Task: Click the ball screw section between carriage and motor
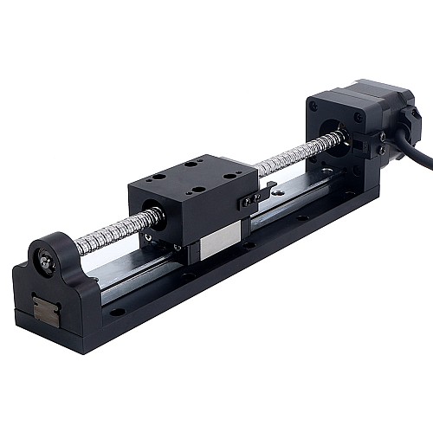pyautogui.click(x=294, y=155)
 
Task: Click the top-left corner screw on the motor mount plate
pyautogui.click(x=315, y=106)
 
